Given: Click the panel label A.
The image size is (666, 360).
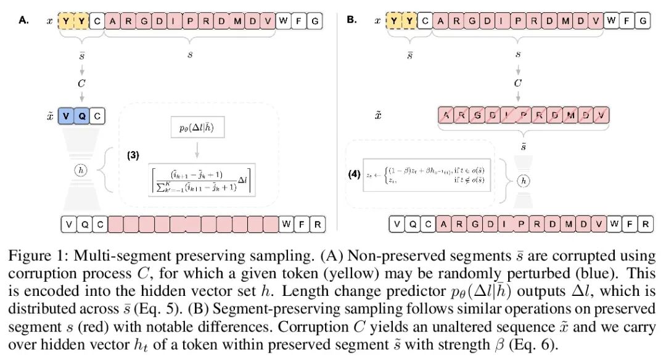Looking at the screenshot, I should coord(23,20).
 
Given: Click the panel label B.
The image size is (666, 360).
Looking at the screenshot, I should coord(351,20).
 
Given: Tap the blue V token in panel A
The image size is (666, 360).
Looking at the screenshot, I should coord(67,115).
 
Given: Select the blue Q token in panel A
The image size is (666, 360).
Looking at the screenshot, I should coord(82,115).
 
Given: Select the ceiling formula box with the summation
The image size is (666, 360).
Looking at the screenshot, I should coord(202,179).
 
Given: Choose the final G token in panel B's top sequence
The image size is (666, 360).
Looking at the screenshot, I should coord(642,22).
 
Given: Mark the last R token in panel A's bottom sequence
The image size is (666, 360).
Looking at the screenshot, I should coord(317,224).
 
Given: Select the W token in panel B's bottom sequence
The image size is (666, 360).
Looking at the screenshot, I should coord(612,224).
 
